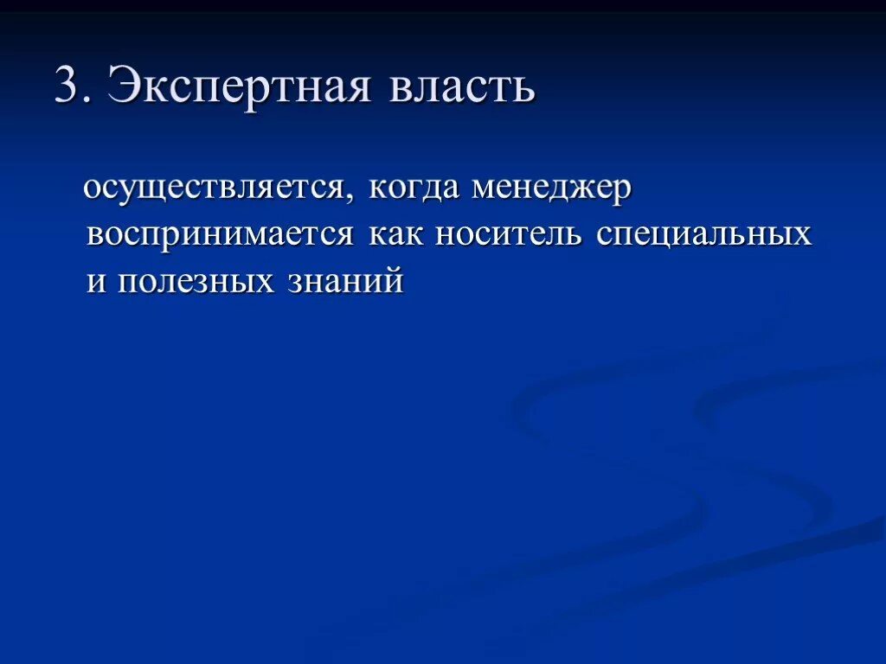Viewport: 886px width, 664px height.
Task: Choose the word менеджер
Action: click(x=552, y=190)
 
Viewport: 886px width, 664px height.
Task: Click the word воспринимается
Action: click(x=220, y=235)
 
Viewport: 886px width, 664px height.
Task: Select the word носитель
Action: click(x=508, y=235)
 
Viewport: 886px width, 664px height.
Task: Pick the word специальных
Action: click(x=703, y=235)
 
